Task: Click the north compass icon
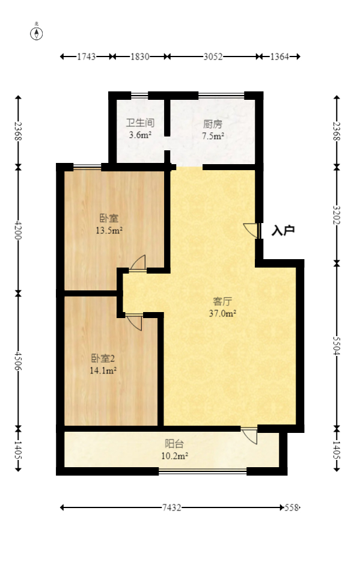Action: click(37, 33)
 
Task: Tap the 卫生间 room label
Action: click(140, 123)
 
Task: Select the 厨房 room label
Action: click(213, 124)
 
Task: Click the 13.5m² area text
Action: click(109, 230)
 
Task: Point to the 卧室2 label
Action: click(103, 359)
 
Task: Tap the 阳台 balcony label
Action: click(174, 444)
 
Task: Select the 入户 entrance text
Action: click(282, 230)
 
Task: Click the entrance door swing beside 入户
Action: click(252, 230)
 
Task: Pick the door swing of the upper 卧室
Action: click(138, 263)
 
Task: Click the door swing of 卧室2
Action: click(134, 322)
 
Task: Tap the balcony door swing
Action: click(249, 435)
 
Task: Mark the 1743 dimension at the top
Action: click(87, 57)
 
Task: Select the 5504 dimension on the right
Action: click(337, 345)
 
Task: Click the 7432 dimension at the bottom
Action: click(172, 508)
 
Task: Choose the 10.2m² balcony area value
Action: click(174, 456)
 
